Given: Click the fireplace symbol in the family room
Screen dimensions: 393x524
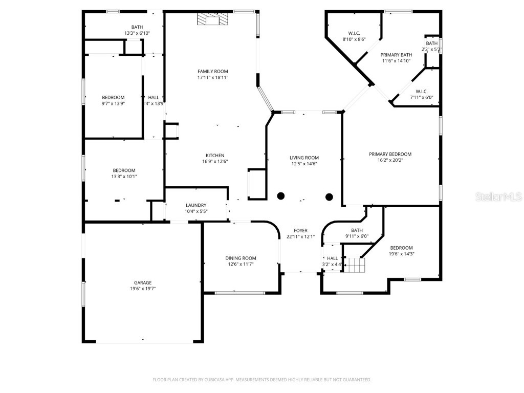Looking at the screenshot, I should coord(209,19).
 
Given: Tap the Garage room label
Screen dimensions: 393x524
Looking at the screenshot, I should coord(143,282).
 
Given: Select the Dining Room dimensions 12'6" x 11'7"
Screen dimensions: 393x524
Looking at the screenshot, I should coord(241,264).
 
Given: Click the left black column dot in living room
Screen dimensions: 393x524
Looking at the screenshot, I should coord(281,195).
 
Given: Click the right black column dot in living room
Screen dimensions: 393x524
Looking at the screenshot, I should coord(329,196).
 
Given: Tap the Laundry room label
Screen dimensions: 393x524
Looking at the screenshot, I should coord(196,205).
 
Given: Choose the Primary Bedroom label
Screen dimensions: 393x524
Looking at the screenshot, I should coord(390,154).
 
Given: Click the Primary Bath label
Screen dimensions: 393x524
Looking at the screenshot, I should coord(396,55).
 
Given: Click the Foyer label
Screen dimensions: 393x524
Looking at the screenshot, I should coord(300,230).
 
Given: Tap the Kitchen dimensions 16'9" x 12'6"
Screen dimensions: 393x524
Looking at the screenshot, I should coord(215,162).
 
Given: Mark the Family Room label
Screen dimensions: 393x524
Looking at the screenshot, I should coord(213,71).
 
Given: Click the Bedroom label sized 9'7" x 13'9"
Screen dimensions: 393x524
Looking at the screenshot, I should coord(113,97).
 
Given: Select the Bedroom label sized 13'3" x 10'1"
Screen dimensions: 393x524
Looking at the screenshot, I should coord(124,170).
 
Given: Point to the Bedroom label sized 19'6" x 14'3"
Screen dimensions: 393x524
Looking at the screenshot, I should coord(401,248).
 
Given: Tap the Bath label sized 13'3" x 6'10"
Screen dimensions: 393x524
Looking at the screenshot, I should coord(137,27).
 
